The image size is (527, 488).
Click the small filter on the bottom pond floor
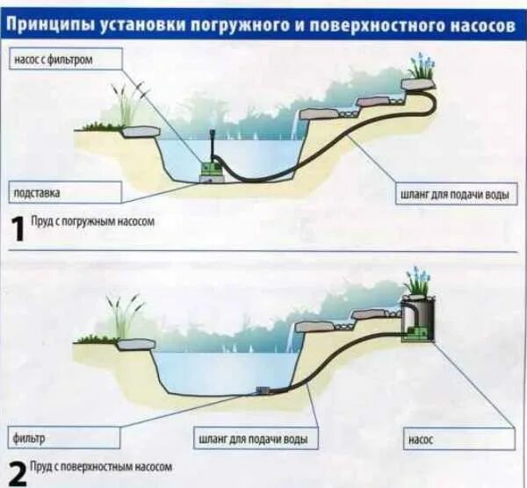click(x=261, y=389)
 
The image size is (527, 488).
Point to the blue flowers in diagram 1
click(x=422, y=67)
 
